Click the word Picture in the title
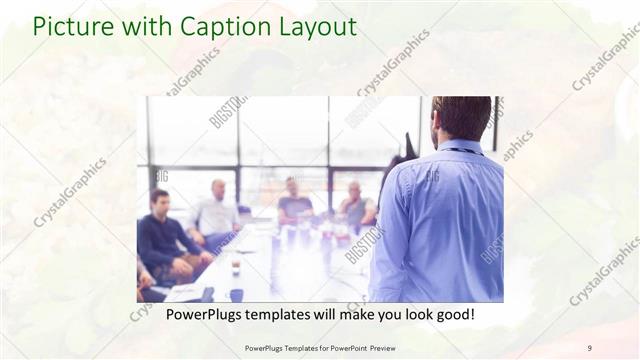(66, 27)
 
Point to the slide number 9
(589, 348)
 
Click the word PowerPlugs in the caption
(186, 314)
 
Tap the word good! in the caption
(453, 314)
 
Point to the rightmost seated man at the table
(355, 205)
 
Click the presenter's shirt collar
(462, 148)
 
